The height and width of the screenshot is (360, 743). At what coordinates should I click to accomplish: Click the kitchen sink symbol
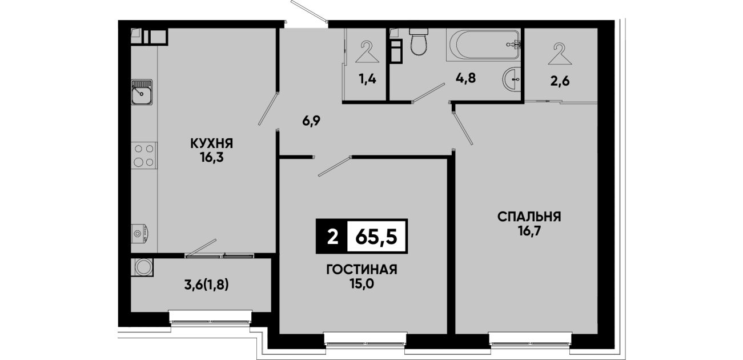(142, 92)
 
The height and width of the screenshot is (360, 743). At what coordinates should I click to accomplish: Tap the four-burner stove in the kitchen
(144, 155)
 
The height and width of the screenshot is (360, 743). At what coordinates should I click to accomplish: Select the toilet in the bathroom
(419, 42)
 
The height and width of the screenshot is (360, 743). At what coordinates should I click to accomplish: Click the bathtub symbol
(484, 45)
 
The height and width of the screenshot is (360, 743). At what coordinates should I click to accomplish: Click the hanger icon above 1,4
(367, 52)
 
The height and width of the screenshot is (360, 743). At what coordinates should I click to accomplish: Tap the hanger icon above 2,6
(560, 53)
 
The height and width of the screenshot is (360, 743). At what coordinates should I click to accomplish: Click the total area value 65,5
(376, 237)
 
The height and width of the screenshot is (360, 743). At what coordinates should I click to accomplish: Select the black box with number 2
(332, 236)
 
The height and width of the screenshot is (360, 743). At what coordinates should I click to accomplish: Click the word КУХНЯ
(212, 143)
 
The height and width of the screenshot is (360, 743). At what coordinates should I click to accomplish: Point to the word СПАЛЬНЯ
(529, 217)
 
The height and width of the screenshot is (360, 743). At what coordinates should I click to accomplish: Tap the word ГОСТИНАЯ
(362, 270)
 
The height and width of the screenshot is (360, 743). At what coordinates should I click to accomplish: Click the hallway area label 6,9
(311, 121)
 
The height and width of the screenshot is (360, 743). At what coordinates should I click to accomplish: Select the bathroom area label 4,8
(465, 78)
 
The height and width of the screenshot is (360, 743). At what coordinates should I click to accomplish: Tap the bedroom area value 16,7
(530, 231)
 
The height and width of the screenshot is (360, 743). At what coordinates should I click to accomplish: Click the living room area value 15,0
(362, 283)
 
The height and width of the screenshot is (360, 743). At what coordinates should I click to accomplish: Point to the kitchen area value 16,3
(212, 158)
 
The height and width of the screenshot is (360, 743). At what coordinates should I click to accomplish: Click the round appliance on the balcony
(143, 267)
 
